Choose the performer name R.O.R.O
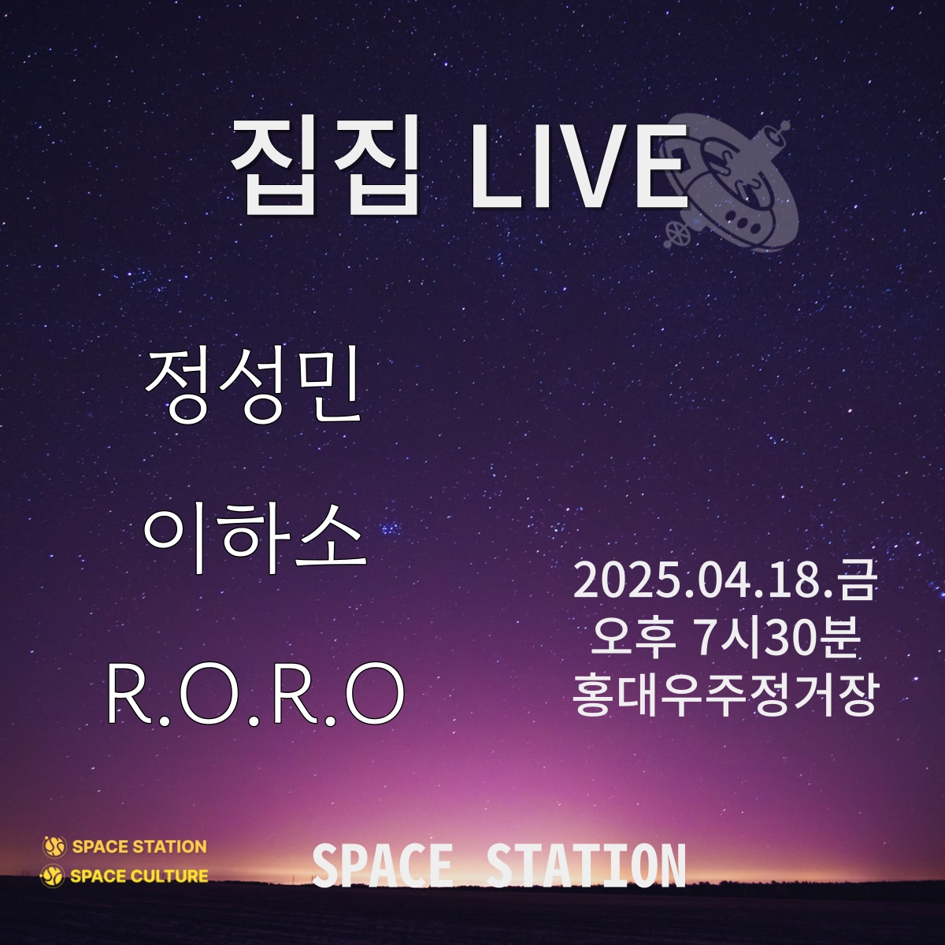coord(255,693)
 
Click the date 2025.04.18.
coord(705,582)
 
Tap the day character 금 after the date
coord(857,582)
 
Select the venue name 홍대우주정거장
coord(724,695)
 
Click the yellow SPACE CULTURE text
coord(139,876)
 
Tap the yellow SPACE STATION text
coord(139,847)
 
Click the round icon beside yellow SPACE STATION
coord(54,847)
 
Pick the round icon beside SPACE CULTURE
coord(52,876)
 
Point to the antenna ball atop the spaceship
coord(784,125)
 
